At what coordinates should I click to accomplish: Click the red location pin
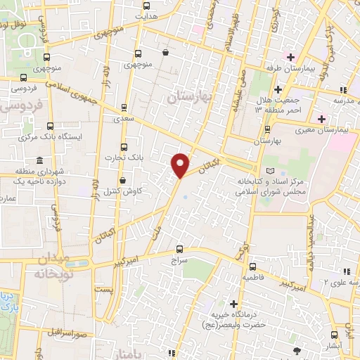pos(181,165)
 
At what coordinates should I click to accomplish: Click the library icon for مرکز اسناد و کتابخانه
pos(272,170)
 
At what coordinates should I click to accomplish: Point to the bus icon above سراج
pos(180,248)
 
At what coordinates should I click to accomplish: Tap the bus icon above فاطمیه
pos(252,266)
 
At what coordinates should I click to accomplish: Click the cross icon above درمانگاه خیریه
pos(233,303)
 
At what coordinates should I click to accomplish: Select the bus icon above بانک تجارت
pos(124,147)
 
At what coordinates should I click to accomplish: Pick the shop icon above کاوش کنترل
pos(122,179)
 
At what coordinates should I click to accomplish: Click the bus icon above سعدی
pos(124,108)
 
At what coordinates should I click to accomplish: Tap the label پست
pos(103,290)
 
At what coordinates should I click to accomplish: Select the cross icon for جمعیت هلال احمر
pos(278,89)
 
